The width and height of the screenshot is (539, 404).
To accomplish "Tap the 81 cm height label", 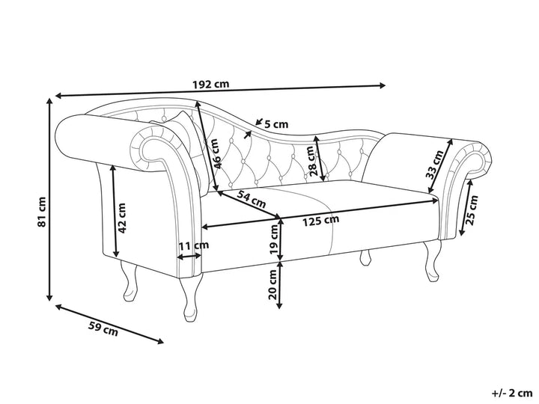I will pos(43,212).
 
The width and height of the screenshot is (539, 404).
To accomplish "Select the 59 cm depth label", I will pos(103,327).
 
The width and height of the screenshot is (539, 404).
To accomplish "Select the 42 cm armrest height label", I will pos(121,217).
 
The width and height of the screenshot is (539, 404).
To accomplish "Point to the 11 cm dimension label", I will pos(193,245).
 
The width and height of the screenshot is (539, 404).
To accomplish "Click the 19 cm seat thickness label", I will pos(274,241).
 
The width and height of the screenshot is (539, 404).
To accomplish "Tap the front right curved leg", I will pos(432,262).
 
